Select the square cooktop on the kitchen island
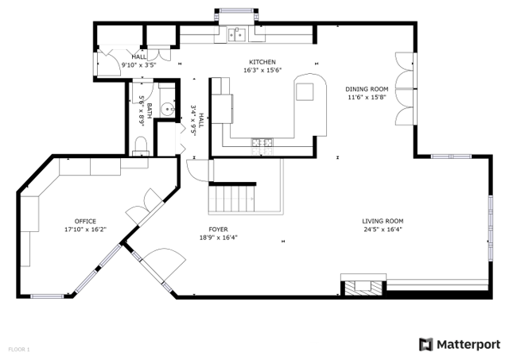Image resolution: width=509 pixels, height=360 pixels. click(x=305, y=91)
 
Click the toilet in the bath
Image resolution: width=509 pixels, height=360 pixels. click(x=142, y=144)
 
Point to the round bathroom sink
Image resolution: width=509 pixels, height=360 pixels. click(x=167, y=110)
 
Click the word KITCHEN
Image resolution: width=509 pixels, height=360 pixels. click(x=262, y=62)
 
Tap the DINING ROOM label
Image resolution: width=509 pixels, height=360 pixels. click(x=366, y=89)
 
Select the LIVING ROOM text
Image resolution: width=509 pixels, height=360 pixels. click(x=383, y=221)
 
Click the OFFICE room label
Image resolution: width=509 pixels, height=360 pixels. click(x=85, y=221)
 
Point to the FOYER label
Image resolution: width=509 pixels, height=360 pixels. click(x=219, y=229)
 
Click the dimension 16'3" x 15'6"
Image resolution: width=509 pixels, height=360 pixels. click(x=262, y=71)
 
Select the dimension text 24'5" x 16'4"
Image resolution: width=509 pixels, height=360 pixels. click(x=383, y=230)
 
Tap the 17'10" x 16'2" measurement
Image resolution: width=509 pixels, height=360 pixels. click(x=85, y=230)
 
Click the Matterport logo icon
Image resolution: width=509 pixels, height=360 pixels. click(x=426, y=344)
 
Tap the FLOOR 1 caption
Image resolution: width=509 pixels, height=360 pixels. click(x=19, y=349)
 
